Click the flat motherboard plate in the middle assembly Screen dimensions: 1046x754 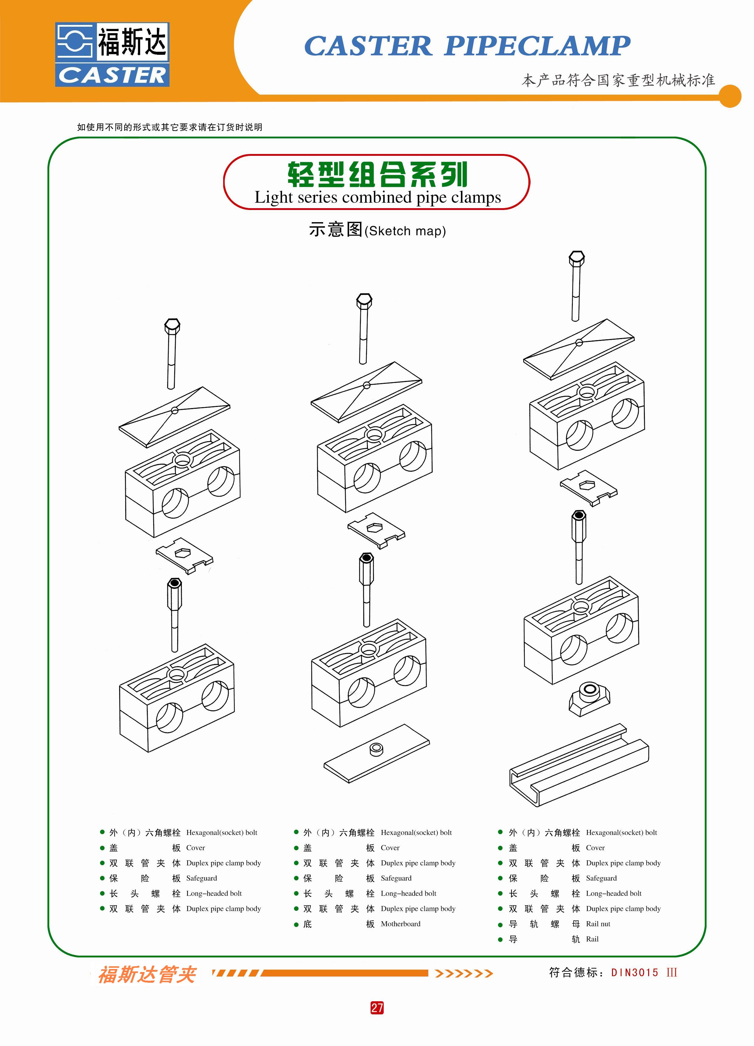[x=376, y=753]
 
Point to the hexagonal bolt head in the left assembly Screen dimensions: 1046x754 [x=172, y=326]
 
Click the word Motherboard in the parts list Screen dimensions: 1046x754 [x=400, y=924]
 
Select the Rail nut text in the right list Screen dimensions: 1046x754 [x=598, y=924]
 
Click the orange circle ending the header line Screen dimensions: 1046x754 [x=730, y=96]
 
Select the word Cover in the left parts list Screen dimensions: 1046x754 [x=195, y=848]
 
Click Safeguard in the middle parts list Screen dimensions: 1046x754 [x=396, y=878]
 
